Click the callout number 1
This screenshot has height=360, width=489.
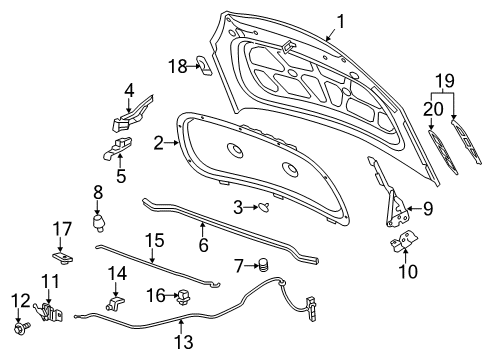(x=341, y=20)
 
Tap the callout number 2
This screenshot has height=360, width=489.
(x=157, y=143)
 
